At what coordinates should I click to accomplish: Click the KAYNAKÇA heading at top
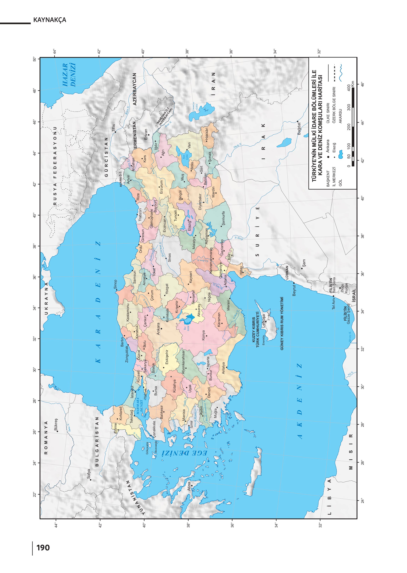click(50, 20)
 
